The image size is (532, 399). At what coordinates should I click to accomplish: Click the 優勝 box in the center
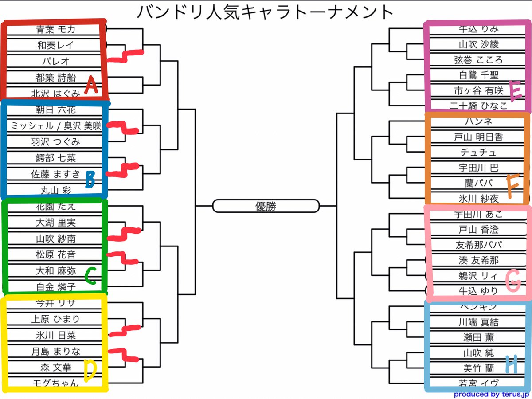pos(266,206)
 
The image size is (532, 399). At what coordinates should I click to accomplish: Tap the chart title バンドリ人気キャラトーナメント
pos(265,12)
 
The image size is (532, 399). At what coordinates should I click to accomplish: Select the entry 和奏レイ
pos(55,45)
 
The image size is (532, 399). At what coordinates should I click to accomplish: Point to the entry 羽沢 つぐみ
pos(55,142)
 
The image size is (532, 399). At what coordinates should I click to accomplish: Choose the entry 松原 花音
pos(55,254)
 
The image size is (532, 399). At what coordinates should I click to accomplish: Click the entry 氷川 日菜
pos(55,335)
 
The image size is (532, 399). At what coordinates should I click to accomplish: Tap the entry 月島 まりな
pos(55,351)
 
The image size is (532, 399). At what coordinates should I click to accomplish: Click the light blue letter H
pos(511,365)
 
